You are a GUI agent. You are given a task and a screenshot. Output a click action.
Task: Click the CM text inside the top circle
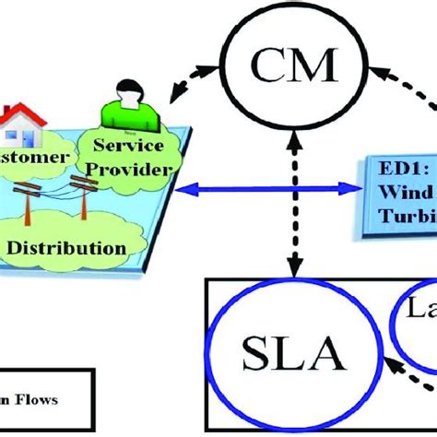[293, 65]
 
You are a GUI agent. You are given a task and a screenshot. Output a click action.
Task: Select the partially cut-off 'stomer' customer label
[33, 158]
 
